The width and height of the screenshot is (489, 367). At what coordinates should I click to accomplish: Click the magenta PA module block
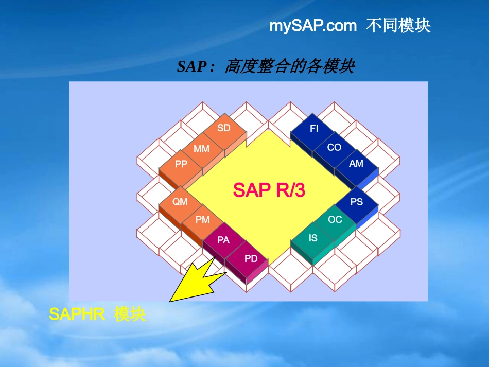[x=223, y=240]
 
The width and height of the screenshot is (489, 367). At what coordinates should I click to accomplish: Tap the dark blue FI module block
[x=314, y=129]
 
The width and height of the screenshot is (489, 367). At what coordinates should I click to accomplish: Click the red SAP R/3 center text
[x=269, y=190]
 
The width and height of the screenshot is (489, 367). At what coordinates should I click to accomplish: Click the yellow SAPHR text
[x=77, y=314]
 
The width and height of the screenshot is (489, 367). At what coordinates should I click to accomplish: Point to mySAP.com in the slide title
[x=312, y=26]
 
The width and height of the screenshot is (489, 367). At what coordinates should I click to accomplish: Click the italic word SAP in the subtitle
[x=191, y=66]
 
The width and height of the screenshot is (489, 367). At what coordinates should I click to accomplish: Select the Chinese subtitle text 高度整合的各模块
[x=289, y=66]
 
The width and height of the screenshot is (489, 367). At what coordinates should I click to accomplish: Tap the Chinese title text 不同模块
[x=398, y=26]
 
